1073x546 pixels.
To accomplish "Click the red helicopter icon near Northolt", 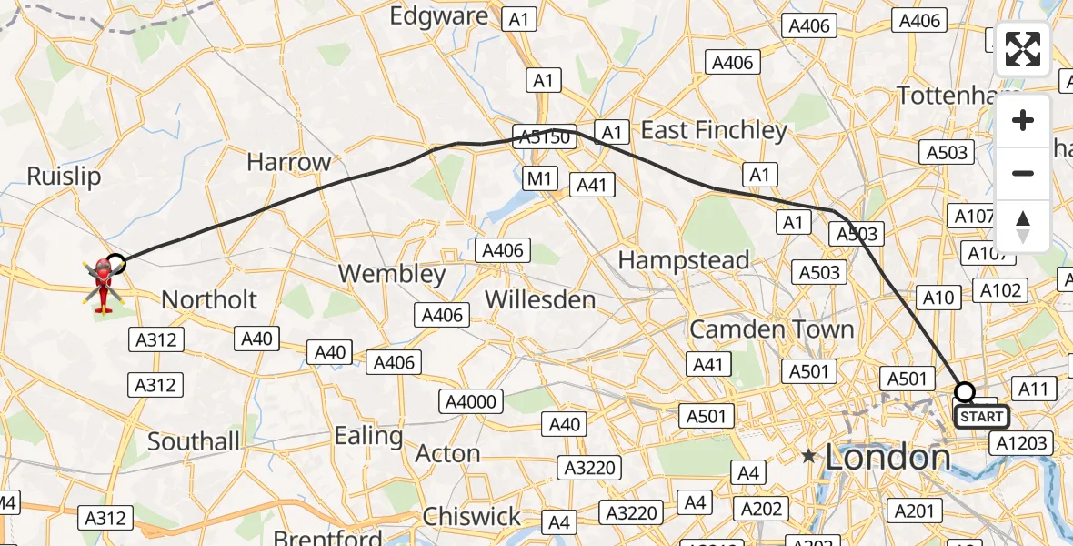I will pos(102,284).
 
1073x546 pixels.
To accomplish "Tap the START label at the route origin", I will pos(981,417).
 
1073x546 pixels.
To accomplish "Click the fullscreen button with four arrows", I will pos(1023,49).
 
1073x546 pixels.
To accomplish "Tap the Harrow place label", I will pos(289,163).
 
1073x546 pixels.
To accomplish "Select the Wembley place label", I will pos(392,274).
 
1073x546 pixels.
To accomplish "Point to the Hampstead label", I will pos(684,260).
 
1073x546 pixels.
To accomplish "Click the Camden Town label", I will pos(772,329).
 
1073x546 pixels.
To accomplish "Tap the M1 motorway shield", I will pos(540,178).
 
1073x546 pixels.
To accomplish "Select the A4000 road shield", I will pos(470,401).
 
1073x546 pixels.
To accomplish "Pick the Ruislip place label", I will pos(64,176).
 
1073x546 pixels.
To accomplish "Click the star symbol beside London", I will pos(808,456).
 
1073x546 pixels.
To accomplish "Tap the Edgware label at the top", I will pos(439,15).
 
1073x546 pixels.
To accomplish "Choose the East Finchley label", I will pos(714,131).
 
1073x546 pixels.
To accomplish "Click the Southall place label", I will pos(194,442).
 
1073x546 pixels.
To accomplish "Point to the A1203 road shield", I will pos(1023,443).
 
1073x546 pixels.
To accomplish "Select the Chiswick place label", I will pos(473,517).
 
